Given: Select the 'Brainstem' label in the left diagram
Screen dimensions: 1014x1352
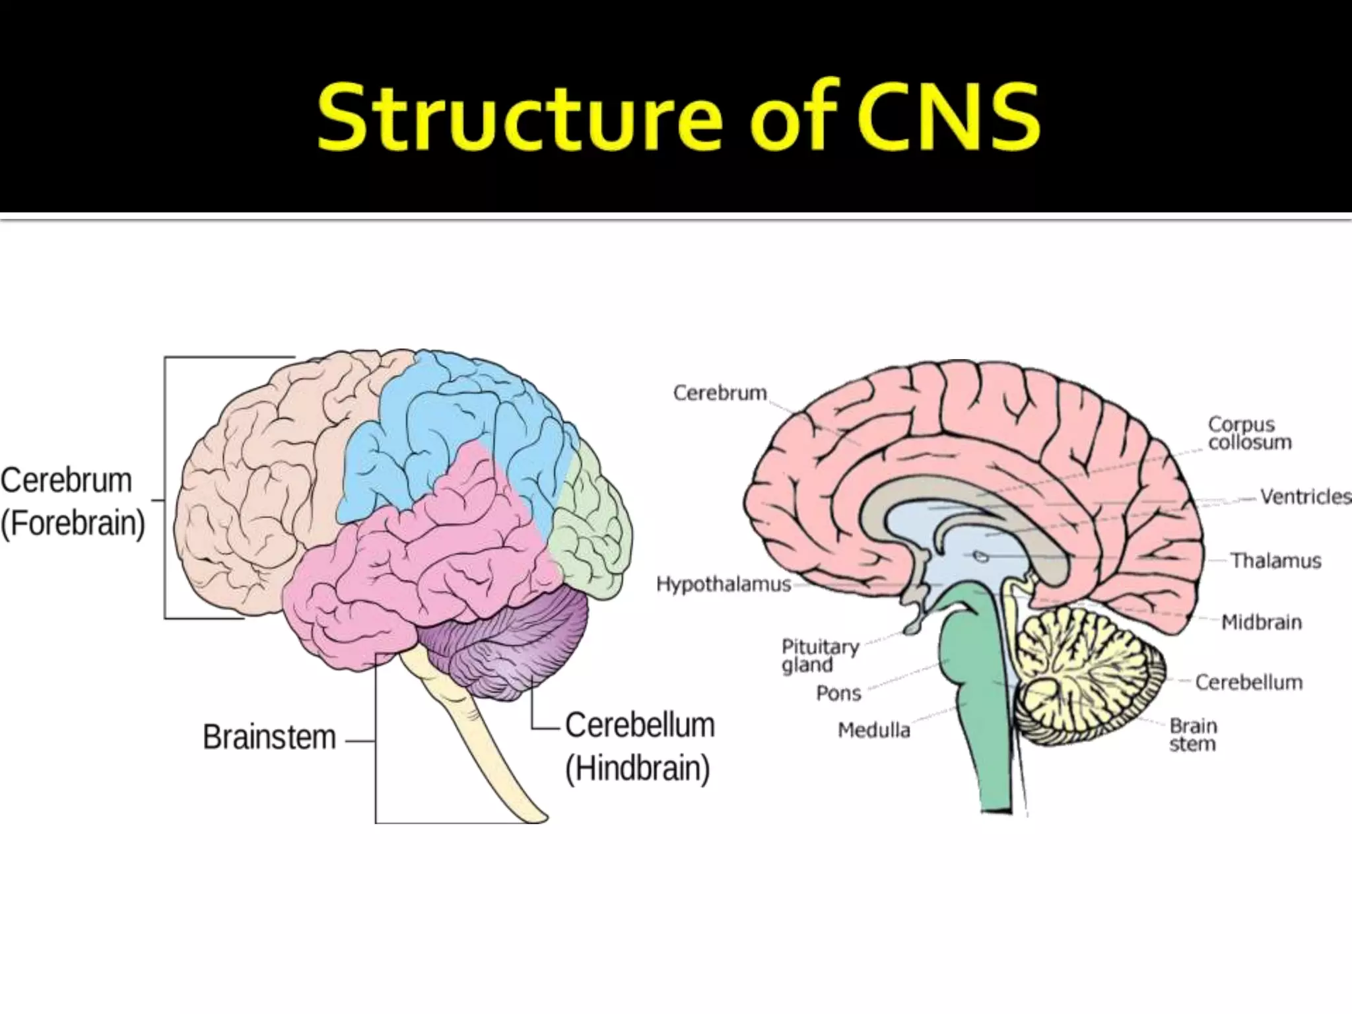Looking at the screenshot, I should (x=269, y=737).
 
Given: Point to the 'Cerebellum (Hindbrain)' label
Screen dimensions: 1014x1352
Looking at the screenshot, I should (x=639, y=747).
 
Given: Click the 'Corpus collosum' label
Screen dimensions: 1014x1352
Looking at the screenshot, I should (x=1250, y=433).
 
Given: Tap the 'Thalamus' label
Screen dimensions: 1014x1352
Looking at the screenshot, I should (x=1275, y=561).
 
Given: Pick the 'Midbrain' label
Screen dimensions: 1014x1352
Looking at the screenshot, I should (x=1261, y=622).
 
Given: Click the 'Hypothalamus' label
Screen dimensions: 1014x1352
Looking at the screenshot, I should (x=724, y=584).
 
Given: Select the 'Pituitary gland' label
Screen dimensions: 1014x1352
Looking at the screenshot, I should (x=820, y=656).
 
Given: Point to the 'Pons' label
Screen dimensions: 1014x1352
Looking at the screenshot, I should (x=838, y=693).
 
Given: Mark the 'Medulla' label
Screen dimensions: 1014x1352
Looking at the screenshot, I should (x=873, y=730).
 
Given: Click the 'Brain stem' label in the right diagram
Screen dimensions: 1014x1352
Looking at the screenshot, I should (x=1193, y=735).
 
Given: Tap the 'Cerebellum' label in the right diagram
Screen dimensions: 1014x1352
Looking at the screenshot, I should (x=1248, y=682).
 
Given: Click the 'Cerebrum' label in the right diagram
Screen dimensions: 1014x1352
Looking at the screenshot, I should (x=720, y=393).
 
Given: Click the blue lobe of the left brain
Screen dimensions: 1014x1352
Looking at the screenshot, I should (x=449, y=422).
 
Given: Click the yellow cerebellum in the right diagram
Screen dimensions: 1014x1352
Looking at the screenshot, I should (x=1083, y=673).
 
